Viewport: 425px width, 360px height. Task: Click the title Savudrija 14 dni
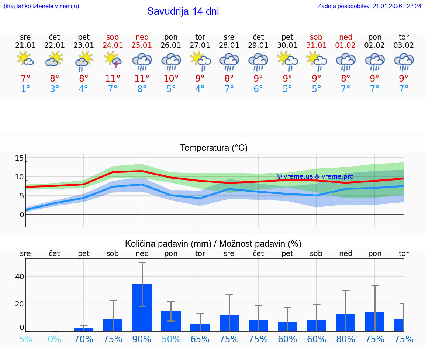click(x=183, y=11)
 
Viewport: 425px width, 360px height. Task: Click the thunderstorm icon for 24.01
click(x=113, y=59)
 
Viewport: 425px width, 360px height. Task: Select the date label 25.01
click(x=142, y=45)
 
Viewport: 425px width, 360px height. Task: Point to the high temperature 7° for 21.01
click(x=25, y=78)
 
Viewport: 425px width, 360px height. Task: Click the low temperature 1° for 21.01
click(x=25, y=89)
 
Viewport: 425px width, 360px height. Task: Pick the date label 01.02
click(x=346, y=45)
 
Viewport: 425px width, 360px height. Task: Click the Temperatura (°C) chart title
click(x=214, y=148)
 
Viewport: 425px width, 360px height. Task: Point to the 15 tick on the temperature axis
click(x=19, y=158)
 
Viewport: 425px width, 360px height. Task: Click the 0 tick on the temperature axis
click(x=22, y=215)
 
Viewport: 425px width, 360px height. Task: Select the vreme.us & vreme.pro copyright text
click(x=315, y=176)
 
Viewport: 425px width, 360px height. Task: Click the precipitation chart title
click(x=213, y=244)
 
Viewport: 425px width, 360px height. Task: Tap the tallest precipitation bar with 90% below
click(x=142, y=308)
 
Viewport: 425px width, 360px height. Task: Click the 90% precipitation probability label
click(x=142, y=339)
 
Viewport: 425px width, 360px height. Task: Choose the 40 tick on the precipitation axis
click(x=19, y=277)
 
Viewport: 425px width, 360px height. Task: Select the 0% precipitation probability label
click(x=55, y=339)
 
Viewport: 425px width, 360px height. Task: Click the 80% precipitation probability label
click(x=346, y=339)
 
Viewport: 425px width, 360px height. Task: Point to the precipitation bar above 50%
click(x=171, y=321)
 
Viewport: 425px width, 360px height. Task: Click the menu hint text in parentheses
click(x=41, y=6)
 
